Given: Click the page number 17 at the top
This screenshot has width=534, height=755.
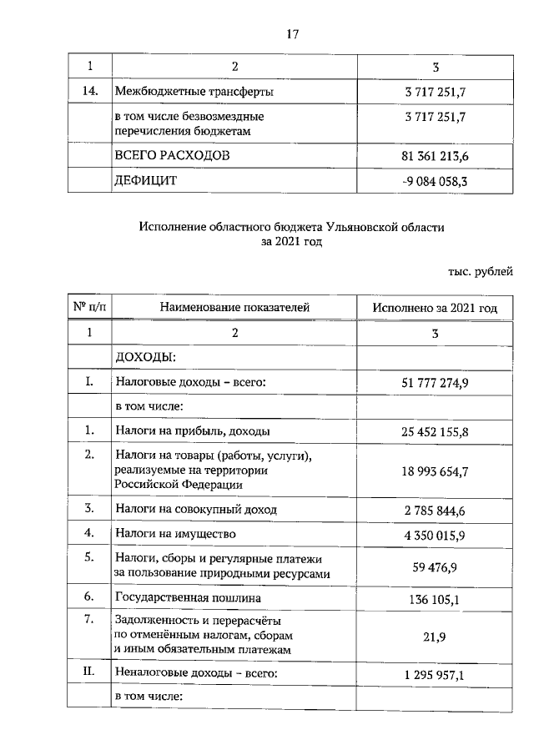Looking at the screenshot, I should point(293,34).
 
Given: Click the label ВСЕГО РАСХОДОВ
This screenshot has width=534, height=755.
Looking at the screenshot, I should point(172,156).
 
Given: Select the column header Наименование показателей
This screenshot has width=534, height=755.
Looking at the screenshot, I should point(235,308).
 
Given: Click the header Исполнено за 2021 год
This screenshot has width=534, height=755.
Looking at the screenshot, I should point(436,308).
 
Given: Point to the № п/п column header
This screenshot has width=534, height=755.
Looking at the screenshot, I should point(89,308).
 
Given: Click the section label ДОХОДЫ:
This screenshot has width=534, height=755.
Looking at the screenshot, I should point(144,357).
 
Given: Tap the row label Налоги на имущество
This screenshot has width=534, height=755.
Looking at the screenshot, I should point(176,533).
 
